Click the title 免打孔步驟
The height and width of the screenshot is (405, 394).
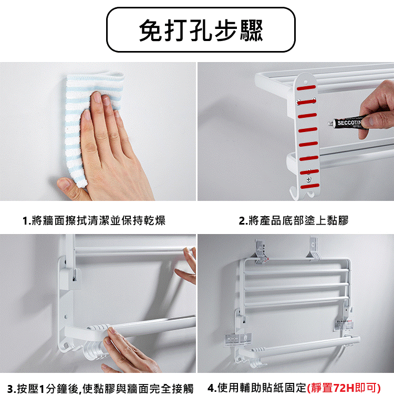click(x=201, y=30)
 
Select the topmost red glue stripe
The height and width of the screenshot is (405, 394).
click(x=306, y=88)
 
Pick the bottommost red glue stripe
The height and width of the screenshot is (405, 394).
click(x=310, y=186)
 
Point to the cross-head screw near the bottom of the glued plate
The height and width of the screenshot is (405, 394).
click(x=308, y=179)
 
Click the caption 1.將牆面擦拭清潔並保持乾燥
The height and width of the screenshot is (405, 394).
click(x=94, y=221)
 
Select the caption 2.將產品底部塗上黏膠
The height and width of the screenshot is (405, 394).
click(x=294, y=221)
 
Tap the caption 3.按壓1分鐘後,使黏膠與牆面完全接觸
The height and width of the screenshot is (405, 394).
click(x=100, y=389)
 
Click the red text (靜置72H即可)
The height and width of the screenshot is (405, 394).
click(x=344, y=388)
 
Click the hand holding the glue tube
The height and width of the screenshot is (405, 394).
click(x=377, y=110)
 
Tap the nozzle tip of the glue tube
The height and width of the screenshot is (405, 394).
click(x=330, y=124)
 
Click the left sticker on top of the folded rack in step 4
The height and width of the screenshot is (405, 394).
click(x=261, y=252)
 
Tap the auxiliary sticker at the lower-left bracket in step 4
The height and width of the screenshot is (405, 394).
click(x=238, y=339)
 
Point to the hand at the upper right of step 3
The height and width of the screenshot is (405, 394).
click(x=187, y=265)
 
